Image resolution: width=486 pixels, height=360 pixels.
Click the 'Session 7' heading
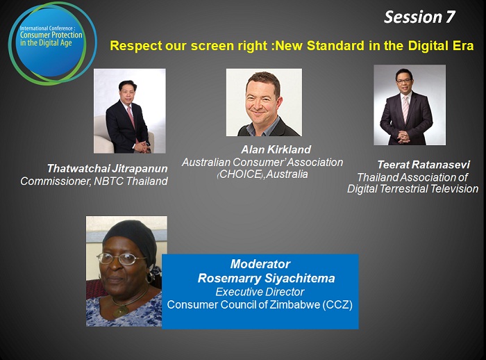click(419, 17)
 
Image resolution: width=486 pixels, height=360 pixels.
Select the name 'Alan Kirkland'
click(276, 149)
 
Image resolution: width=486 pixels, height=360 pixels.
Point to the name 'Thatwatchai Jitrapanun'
click(107, 168)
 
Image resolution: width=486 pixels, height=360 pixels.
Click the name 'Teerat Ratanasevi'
click(424, 165)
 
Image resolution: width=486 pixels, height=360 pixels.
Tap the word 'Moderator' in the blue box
click(260, 264)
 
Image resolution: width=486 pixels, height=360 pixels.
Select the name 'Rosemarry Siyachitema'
click(266, 279)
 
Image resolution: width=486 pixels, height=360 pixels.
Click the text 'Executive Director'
click(260, 292)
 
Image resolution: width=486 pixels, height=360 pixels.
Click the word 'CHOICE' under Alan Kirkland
click(240, 174)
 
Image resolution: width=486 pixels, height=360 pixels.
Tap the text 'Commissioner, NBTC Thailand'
click(94, 181)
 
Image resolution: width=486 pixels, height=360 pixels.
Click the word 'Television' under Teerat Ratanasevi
click(454, 189)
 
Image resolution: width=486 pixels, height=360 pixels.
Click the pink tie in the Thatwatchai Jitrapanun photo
click(131, 119)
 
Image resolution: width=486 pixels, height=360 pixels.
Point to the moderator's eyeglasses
click(121, 259)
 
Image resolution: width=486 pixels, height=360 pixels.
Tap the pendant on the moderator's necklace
click(121, 311)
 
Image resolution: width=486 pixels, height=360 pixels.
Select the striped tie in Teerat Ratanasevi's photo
click(405, 109)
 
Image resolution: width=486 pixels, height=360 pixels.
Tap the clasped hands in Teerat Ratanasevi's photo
click(403, 136)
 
